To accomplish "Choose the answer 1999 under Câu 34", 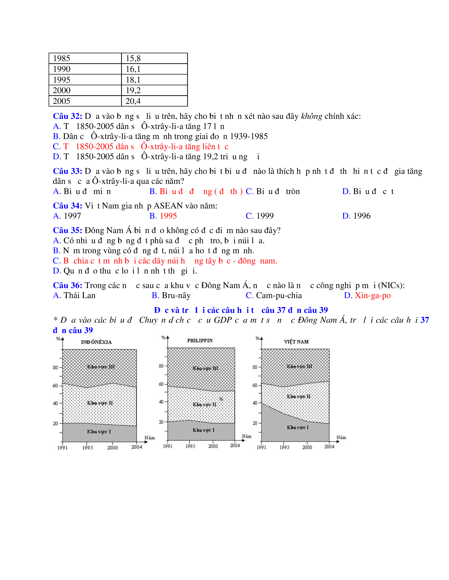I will [x=265, y=216].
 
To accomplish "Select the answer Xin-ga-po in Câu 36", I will [x=373, y=295].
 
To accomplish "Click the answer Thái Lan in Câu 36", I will [x=79, y=295].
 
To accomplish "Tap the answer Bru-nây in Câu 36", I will [x=176, y=295].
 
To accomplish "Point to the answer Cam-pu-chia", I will [x=279, y=295].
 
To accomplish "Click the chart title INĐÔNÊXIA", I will [x=96, y=342].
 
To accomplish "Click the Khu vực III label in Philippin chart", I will [x=205, y=368].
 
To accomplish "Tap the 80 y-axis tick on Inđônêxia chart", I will [x=55, y=368].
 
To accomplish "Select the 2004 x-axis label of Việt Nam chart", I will [x=329, y=447].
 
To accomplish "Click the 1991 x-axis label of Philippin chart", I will [x=168, y=446].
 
